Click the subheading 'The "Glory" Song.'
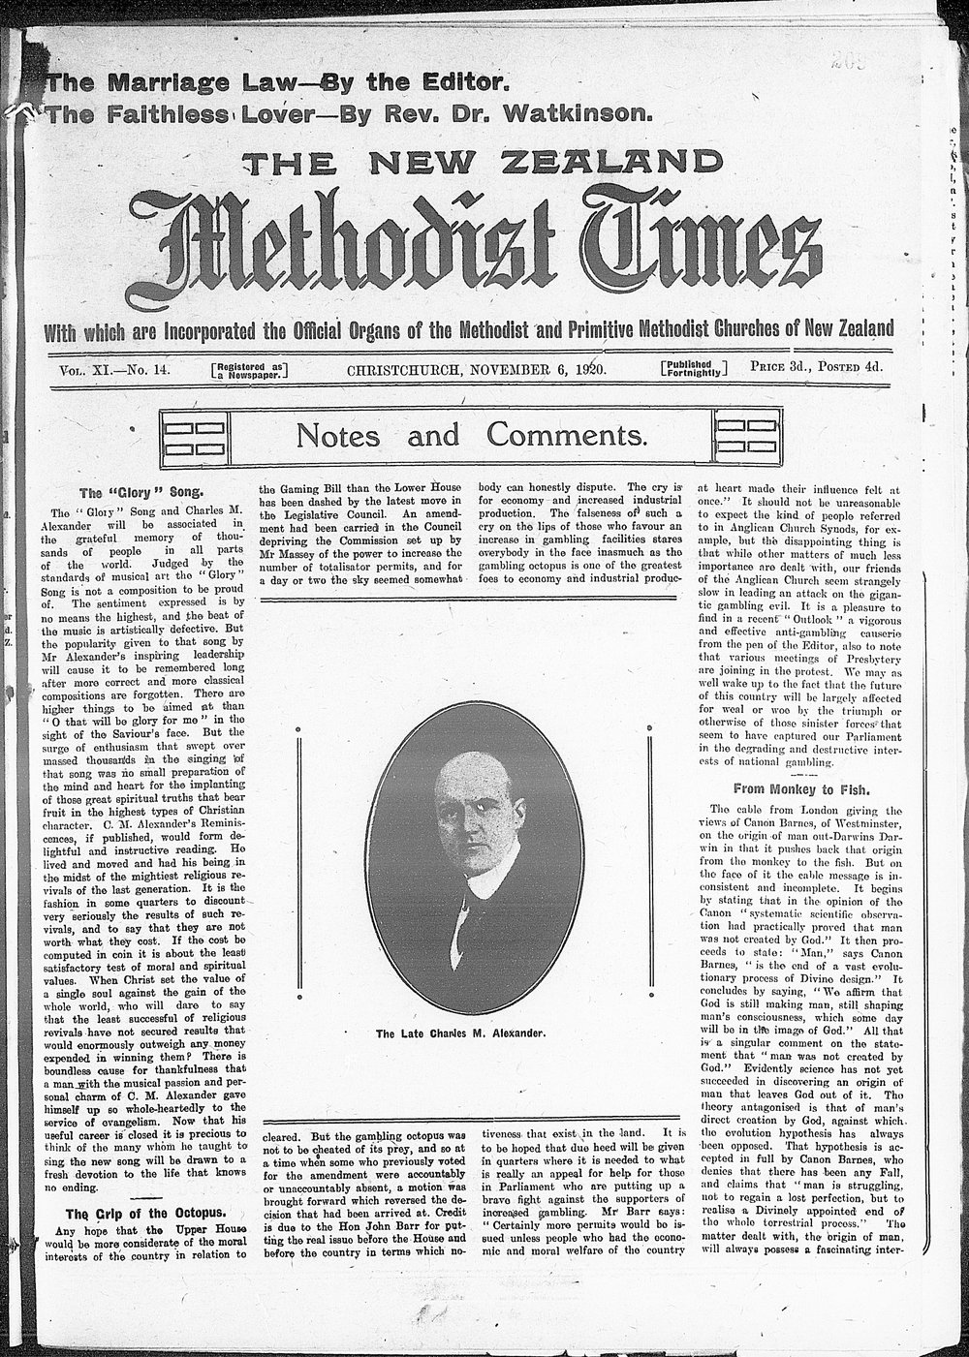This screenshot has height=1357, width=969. pyautogui.click(x=136, y=492)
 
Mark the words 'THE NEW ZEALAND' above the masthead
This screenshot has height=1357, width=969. pyautogui.click(x=482, y=165)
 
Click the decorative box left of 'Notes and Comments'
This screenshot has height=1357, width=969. pyautogui.click(x=194, y=435)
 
